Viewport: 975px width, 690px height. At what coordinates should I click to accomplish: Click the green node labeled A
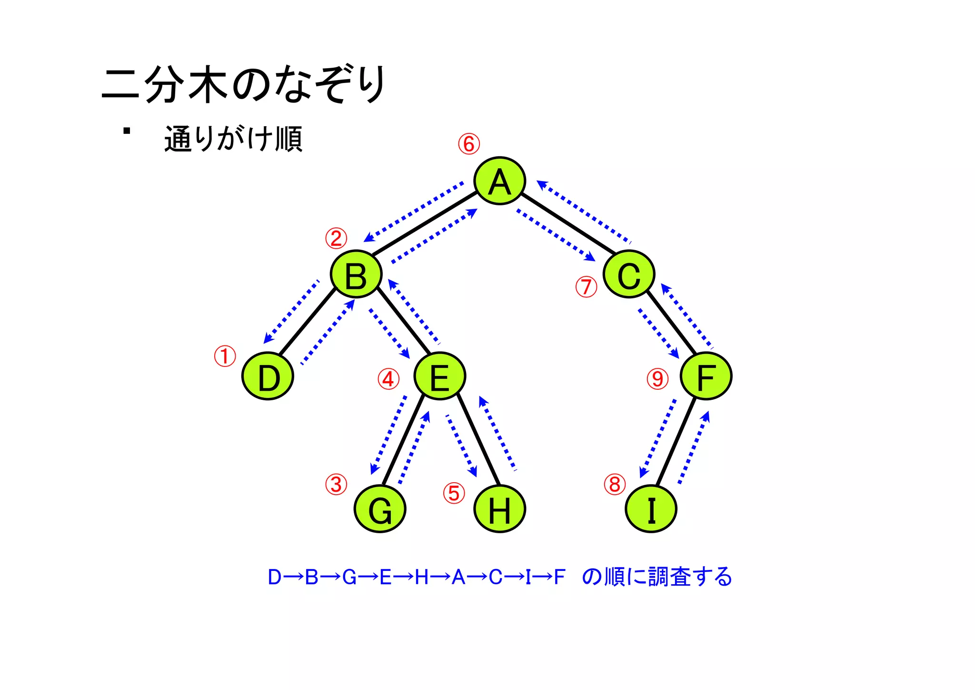(499, 181)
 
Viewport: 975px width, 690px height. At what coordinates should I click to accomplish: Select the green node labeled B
(356, 274)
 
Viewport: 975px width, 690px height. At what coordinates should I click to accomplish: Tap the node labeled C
(629, 274)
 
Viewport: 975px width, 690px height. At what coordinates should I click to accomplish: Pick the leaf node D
(268, 376)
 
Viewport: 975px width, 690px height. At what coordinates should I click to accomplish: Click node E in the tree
(439, 376)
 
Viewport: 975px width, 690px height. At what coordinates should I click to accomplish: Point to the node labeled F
(706, 376)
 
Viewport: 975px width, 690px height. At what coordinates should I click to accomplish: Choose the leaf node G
(380, 509)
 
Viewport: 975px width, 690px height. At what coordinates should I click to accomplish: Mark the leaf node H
(499, 509)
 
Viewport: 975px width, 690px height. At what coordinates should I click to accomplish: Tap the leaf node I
(651, 509)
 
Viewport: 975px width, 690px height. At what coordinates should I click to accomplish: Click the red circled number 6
(469, 144)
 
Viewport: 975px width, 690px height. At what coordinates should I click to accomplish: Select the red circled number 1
(225, 356)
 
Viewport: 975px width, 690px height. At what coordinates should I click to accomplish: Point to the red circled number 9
(657, 379)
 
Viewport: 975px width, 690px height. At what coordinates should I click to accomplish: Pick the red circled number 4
(388, 379)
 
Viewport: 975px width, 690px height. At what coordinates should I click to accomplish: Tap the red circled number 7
(586, 287)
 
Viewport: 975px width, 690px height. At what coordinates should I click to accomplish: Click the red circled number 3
(336, 485)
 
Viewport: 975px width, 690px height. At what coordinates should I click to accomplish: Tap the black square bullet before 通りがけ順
(127, 131)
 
